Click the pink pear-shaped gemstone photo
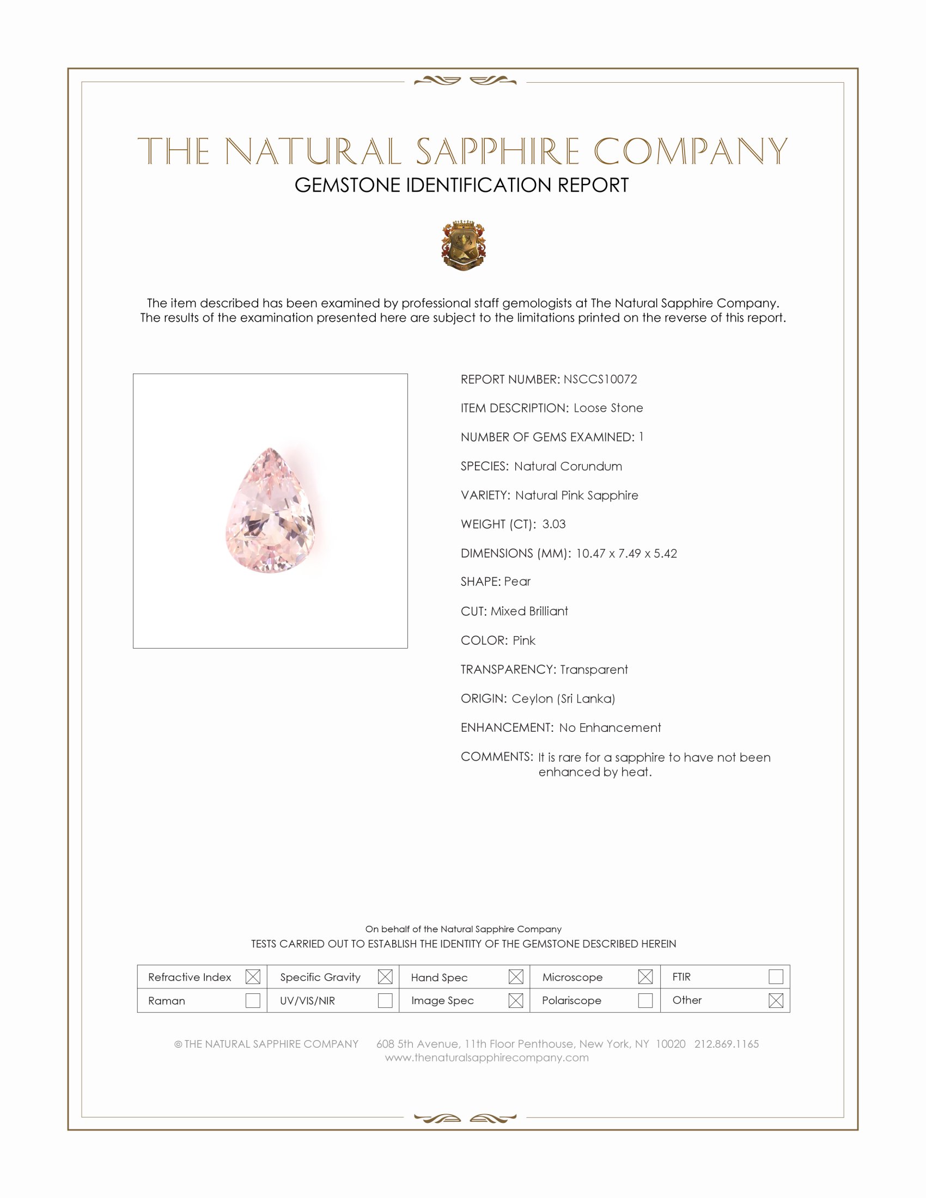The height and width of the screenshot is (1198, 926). (271, 511)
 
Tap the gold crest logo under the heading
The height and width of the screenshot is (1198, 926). (464, 246)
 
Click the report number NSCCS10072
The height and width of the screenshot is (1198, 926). (600, 379)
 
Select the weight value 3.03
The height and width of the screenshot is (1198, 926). (553, 524)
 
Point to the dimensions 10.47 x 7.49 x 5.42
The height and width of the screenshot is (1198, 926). (626, 553)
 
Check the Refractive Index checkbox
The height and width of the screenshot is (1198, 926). (253, 976)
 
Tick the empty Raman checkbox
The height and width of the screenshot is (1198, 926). (253, 1000)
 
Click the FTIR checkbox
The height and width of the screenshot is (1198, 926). (776, 976)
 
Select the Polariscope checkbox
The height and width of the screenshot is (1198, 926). (645, 1000)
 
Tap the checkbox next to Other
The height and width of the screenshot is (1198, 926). (776, 1000)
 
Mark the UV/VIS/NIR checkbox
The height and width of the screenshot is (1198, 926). (385, 1000)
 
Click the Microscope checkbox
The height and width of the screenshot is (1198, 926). (645, 976)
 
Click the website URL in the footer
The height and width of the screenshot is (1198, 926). (486, 1058)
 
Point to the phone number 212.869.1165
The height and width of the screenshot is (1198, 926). (726, 1044)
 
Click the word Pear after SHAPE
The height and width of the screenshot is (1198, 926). (517, 582)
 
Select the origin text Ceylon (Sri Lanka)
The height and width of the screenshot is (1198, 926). (563, 698)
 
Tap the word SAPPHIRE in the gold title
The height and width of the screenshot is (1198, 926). (497, 152)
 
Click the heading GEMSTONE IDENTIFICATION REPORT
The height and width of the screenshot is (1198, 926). (461, 185)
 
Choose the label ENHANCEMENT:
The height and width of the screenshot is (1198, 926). (507, 728)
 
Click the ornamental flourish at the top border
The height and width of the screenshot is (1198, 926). (465, 81)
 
